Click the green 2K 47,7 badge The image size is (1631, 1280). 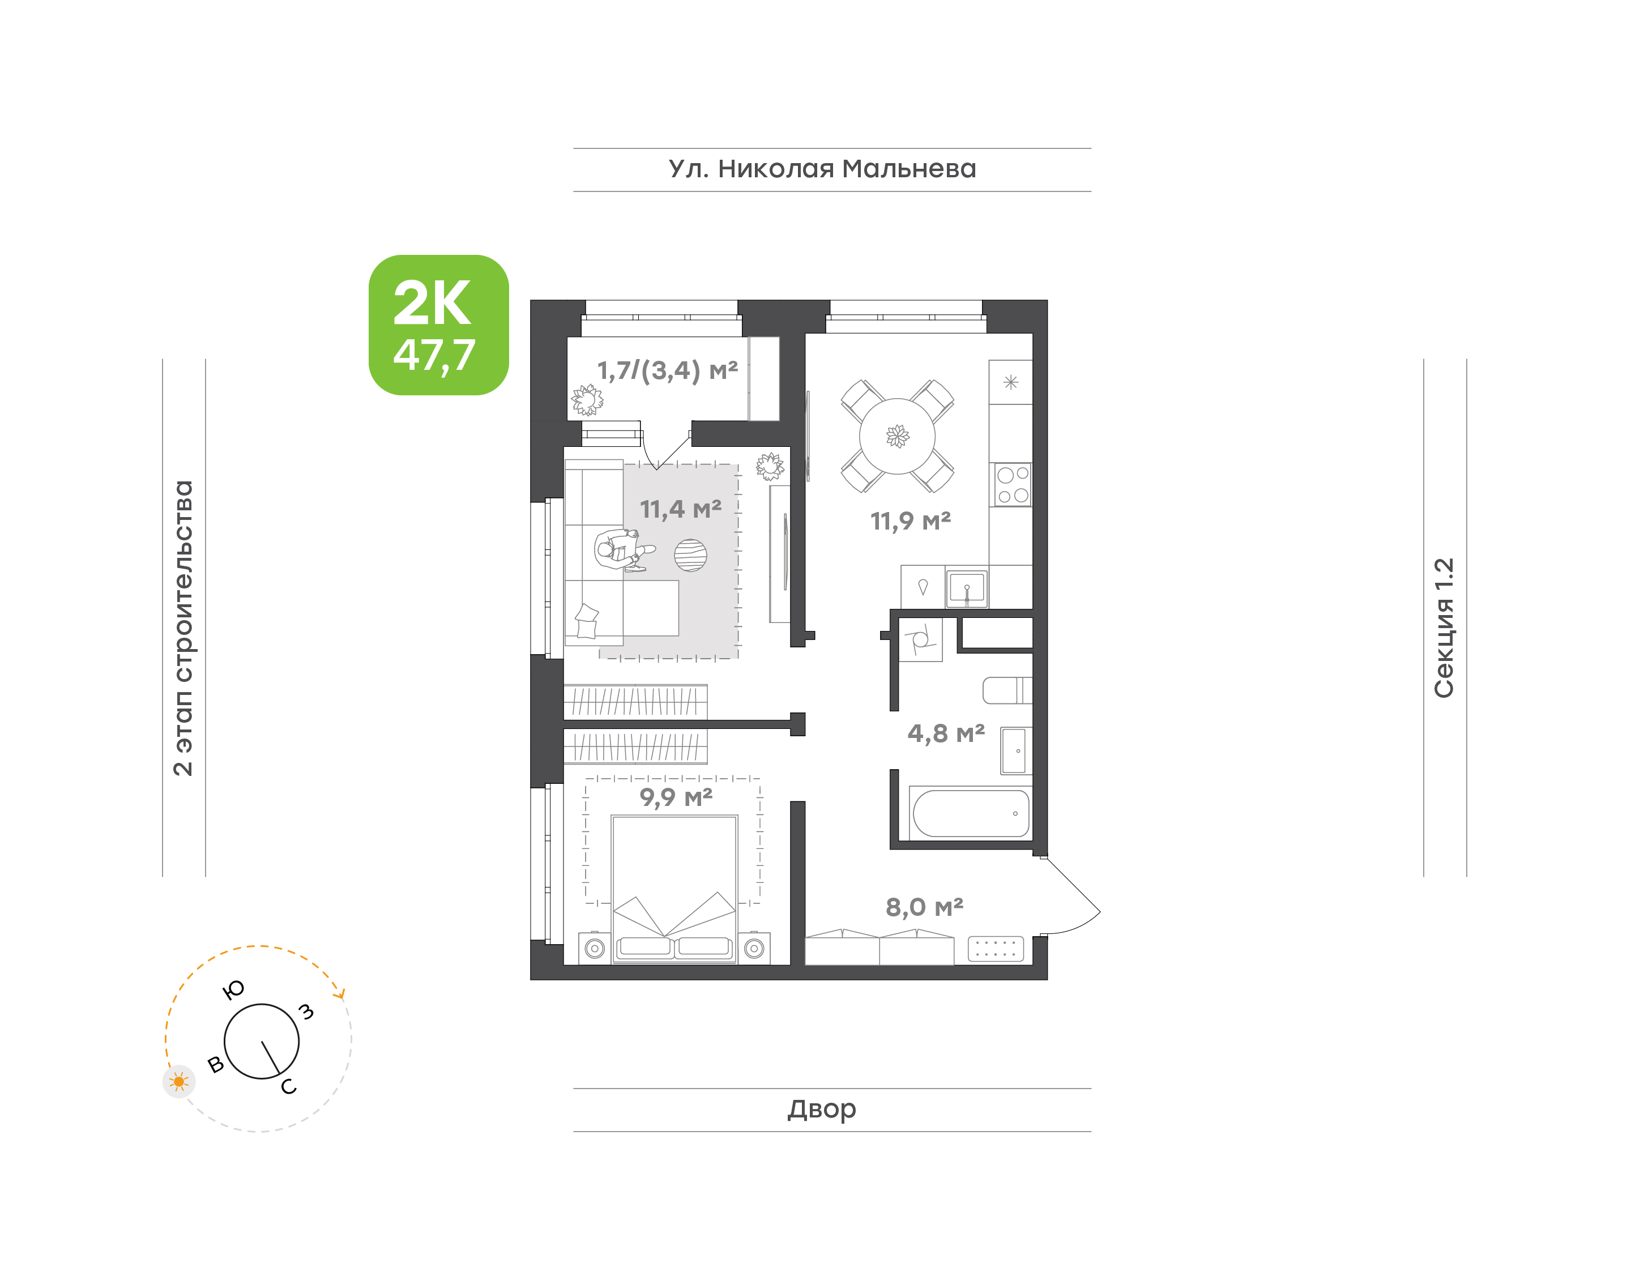pyautogui.click(x=438, y=325)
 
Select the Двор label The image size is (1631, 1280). pyautogui.click(x=821, y=1109)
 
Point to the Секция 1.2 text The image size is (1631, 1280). pyautogui.click(x=1443, y=628)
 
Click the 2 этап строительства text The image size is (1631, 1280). pyautogui.click(x=183, y=628)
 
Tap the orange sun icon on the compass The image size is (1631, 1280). pyautogui.click(x=178, y=1081)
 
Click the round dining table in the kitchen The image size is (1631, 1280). pyautogui.click(x=897, y=436)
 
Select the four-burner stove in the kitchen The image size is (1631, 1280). pyautogui.click(x=1012, y=484)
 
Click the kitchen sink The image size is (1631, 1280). pyautogui.click(x=967, y=588)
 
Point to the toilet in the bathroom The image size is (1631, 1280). pyautogui.click(x=1007, y=690)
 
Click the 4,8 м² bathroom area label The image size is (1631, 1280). pyautogui.click(x=946, y=733)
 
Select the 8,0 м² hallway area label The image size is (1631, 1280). pyautogui.click(x=924, y=907)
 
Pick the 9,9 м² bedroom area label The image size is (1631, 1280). pyautogui.click(x=676, y=797)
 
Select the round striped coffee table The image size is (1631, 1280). pyautogui.click(x=690, y=555)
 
